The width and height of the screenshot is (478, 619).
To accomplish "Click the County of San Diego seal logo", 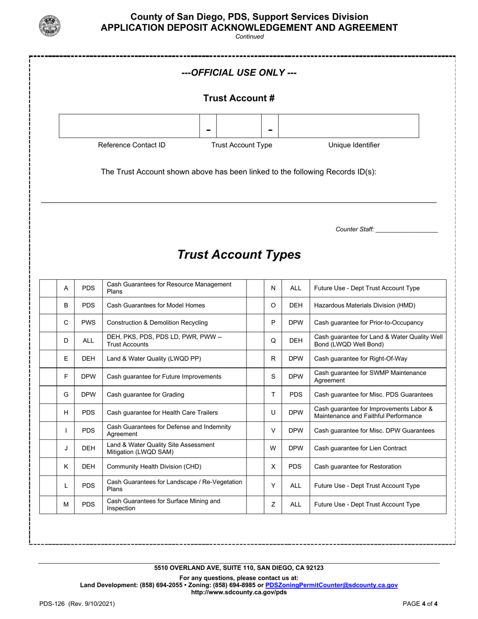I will coord(50,26).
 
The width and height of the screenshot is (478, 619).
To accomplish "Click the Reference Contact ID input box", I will coord(129,126).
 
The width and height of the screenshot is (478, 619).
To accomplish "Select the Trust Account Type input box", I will coord(239,126).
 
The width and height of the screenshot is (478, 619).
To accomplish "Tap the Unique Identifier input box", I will coord(349,126).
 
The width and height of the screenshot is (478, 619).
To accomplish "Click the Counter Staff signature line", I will coord(407,229).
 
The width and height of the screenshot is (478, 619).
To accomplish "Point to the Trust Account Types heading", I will coord(239,255).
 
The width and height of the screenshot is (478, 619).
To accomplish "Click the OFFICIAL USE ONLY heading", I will coord(239,73).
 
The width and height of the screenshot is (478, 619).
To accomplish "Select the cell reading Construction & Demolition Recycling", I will coord(157,323).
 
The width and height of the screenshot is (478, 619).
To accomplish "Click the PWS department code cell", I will coord(88,323).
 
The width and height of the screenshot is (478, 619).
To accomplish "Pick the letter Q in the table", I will coord(273,341).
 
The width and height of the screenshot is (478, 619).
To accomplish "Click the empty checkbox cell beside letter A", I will coord(48,288).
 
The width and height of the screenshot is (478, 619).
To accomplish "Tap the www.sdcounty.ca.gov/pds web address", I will coord(239,592).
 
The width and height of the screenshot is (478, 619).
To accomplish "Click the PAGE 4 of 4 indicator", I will coord(420,604).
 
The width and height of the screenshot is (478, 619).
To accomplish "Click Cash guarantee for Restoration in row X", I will coord(358,467).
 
